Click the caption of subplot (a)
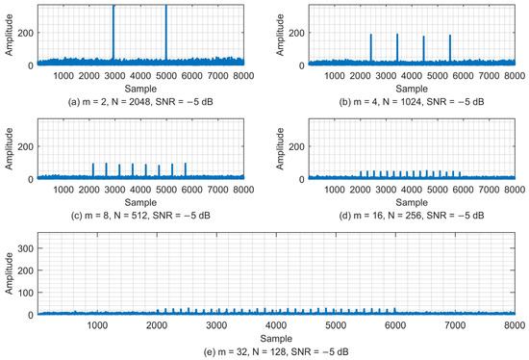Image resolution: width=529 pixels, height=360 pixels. pos(135,99)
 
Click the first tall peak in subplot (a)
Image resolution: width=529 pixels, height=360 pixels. pos(113,34)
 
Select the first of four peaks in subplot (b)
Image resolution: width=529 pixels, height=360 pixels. pos(370,48)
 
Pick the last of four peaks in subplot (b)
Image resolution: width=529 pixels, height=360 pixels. pos(450,48)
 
